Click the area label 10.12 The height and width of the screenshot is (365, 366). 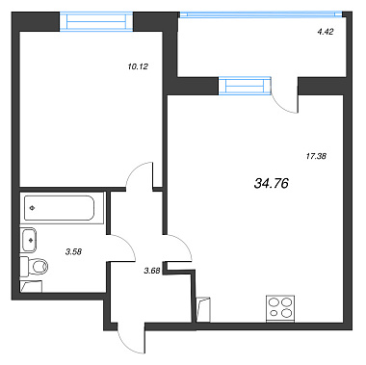click(x=138, y=66)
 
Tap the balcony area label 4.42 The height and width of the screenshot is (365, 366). click(x=326, y=32)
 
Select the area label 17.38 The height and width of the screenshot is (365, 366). click(x=315, y=156)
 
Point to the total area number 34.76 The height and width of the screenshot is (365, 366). click(x=272, y=183)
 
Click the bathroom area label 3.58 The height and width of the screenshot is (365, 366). click(x=73, y=252)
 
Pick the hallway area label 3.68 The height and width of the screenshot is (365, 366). click(x=152, y=272)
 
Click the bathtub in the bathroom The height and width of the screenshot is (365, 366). click(x=60, y=208)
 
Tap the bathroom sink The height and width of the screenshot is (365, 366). click(x=28, y=240)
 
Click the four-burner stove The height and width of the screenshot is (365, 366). click(x=280, y=307)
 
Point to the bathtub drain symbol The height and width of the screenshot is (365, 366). click(x=32, y=208)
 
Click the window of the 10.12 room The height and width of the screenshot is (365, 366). click(x=96, y=22)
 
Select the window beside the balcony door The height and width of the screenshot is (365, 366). click(x=245, y=86)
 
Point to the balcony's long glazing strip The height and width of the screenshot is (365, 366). click(x=261, y=14)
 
